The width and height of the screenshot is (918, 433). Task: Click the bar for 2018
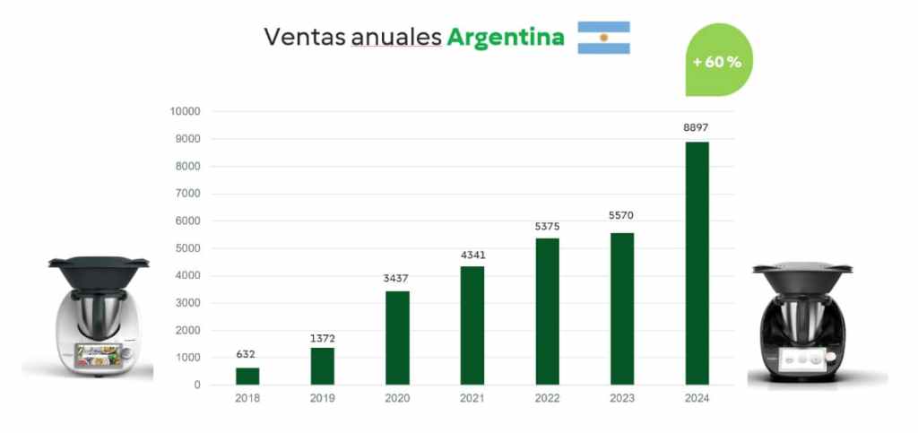(247, 377)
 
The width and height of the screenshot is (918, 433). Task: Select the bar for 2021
(472, 325)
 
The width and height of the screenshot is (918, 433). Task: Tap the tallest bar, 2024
(697, 264)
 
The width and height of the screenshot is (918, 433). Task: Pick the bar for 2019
(322, 366)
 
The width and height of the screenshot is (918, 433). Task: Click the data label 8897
(697, 128)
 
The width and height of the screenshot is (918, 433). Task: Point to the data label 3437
(397, 278)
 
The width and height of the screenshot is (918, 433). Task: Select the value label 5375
(547, 224)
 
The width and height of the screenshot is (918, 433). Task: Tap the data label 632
(247, 354)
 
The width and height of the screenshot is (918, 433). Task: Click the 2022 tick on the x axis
(547, 399)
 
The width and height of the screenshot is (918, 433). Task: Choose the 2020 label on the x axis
(397, 399)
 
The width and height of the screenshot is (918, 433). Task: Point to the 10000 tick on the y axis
(186, 111)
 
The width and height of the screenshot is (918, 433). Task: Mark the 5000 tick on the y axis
(188, 248)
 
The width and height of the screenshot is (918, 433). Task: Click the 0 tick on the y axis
(196, 385)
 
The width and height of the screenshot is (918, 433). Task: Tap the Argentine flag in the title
(603, 37)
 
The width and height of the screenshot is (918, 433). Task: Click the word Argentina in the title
(506, 37)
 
